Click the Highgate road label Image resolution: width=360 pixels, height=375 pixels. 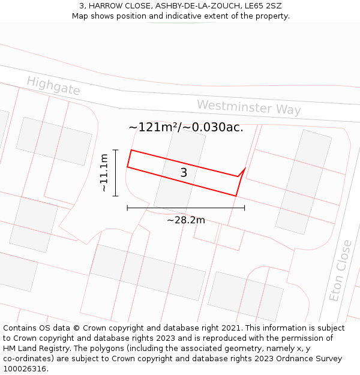[x=53, y=86]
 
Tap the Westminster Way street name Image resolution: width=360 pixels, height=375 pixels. [x=249, y=107]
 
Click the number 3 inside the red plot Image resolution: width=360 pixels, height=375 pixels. [x=184, y=173]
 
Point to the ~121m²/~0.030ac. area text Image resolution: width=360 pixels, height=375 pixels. [x=186, y=127]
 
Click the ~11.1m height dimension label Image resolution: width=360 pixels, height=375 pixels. [x=104, y=173]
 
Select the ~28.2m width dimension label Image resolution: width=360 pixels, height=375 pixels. [x=186, y=220]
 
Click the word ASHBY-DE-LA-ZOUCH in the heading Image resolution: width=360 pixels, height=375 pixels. [x=193, y=6]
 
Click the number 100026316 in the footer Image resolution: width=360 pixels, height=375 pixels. [x=25, y=369]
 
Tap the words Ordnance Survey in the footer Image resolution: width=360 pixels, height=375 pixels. [x=311, y=359]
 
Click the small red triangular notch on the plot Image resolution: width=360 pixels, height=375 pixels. [x=242, y=172]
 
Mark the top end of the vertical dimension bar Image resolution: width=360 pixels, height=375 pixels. [x=115, y=150]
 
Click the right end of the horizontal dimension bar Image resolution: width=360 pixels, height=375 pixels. [x=244, y=208]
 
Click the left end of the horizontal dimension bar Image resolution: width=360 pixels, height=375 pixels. [x=127, y=208]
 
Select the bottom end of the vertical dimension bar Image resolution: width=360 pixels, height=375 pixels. [x=115, y=196]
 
